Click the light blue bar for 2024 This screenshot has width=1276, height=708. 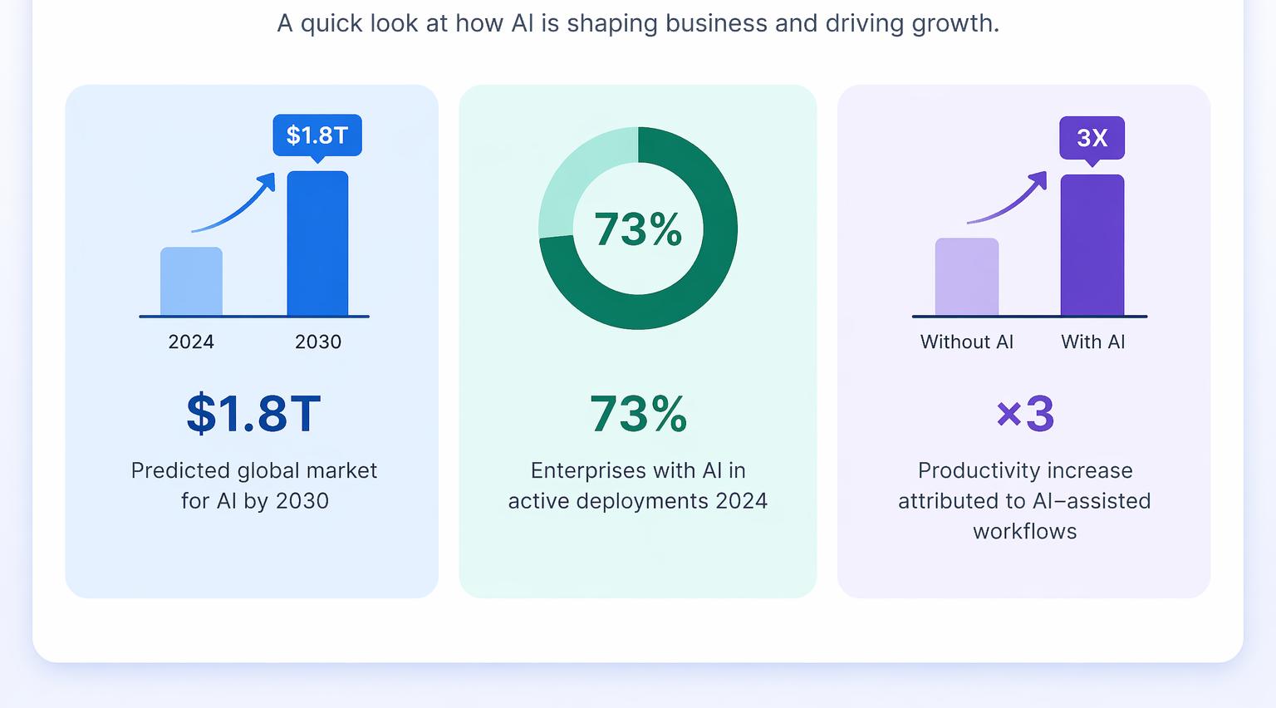click(x=191, y=282)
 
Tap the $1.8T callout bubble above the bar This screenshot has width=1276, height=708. click(x=317, y=135)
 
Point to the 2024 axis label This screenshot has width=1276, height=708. click(x=191, y=342)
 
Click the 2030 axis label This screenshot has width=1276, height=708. click(x=318, y=342)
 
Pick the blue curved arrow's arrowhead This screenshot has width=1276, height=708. click(x=267, y=180)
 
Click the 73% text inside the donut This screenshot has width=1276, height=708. click(x=638, y=229)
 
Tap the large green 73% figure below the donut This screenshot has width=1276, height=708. click(x=638, y=413)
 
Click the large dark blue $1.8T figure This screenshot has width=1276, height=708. click(x=253, y=413)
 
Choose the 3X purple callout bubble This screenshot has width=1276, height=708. click(x=1092, y=137)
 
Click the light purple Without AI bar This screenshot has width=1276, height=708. click(x=967, y=277)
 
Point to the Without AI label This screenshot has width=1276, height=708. click(x=967, y=342)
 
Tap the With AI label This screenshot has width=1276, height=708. click(x=1093, y=342)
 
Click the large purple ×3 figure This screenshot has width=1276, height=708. click(x=1025, y=413)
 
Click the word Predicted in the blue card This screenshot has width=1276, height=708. click(x=180, y=471)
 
